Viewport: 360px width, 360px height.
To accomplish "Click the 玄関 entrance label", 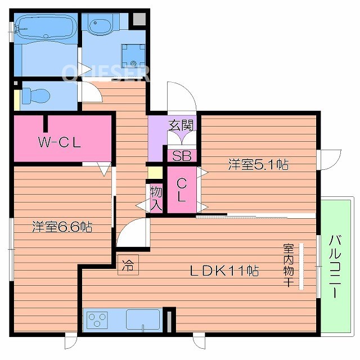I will click(x=181, y=125).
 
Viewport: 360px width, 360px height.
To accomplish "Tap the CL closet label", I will click(x=182, y=190).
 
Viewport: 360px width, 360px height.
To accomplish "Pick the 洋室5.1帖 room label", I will click(x=258, y=165).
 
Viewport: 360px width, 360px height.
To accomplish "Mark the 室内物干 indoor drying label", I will click(x=288, y=265).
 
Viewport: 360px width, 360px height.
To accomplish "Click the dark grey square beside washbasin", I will click(x=138, y=19).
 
